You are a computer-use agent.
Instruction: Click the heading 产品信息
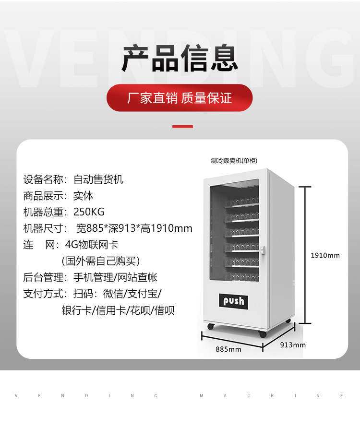point(180,59)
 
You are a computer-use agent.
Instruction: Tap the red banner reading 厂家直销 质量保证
point(180,98)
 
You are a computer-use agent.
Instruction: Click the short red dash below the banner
point(182,127)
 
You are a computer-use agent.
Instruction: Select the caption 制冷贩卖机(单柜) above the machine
point(237,161)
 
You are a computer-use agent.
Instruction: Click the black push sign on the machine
point(234,301)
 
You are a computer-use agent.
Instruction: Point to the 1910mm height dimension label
point(325,255)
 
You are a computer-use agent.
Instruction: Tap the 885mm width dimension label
point(228,349)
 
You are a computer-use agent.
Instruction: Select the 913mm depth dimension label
point(293,344)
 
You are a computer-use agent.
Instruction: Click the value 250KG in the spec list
point(89,212)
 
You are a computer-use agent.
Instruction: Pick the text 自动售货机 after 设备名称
point(98,179)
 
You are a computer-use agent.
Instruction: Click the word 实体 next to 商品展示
point(83,196)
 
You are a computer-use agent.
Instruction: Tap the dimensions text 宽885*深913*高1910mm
point(134,228)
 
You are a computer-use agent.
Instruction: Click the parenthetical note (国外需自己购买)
point(101,261)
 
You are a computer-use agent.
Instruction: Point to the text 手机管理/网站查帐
point(115,277)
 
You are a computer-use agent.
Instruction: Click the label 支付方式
point(43,294)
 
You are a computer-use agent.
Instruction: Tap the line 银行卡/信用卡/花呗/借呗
point(118,310)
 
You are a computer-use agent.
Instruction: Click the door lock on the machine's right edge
point(263,250)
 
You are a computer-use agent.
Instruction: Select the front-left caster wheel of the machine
point(210,327)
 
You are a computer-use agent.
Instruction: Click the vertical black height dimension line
point(303,255)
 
